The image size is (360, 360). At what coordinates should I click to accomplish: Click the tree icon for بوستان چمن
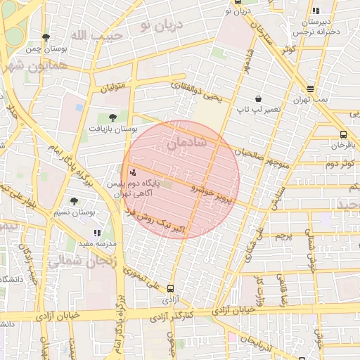click(46, 37)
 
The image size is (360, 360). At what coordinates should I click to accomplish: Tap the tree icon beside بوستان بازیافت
click(113, 117)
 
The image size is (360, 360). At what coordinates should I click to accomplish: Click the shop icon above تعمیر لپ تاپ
click(259, 99)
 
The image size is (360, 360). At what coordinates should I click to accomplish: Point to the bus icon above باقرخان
click(343, 134)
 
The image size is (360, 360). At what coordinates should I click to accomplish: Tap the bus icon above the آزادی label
click(170, 288)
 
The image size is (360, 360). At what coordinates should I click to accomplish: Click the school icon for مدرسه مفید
click(97, 232)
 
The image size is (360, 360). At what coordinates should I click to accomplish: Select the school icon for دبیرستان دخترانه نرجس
click(316, 11)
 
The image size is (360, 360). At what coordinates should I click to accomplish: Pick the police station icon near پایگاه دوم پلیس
click(133, 172)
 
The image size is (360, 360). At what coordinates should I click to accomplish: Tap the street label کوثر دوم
click(338, 163)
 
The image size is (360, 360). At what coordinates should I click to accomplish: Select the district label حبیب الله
click(98, 34)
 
